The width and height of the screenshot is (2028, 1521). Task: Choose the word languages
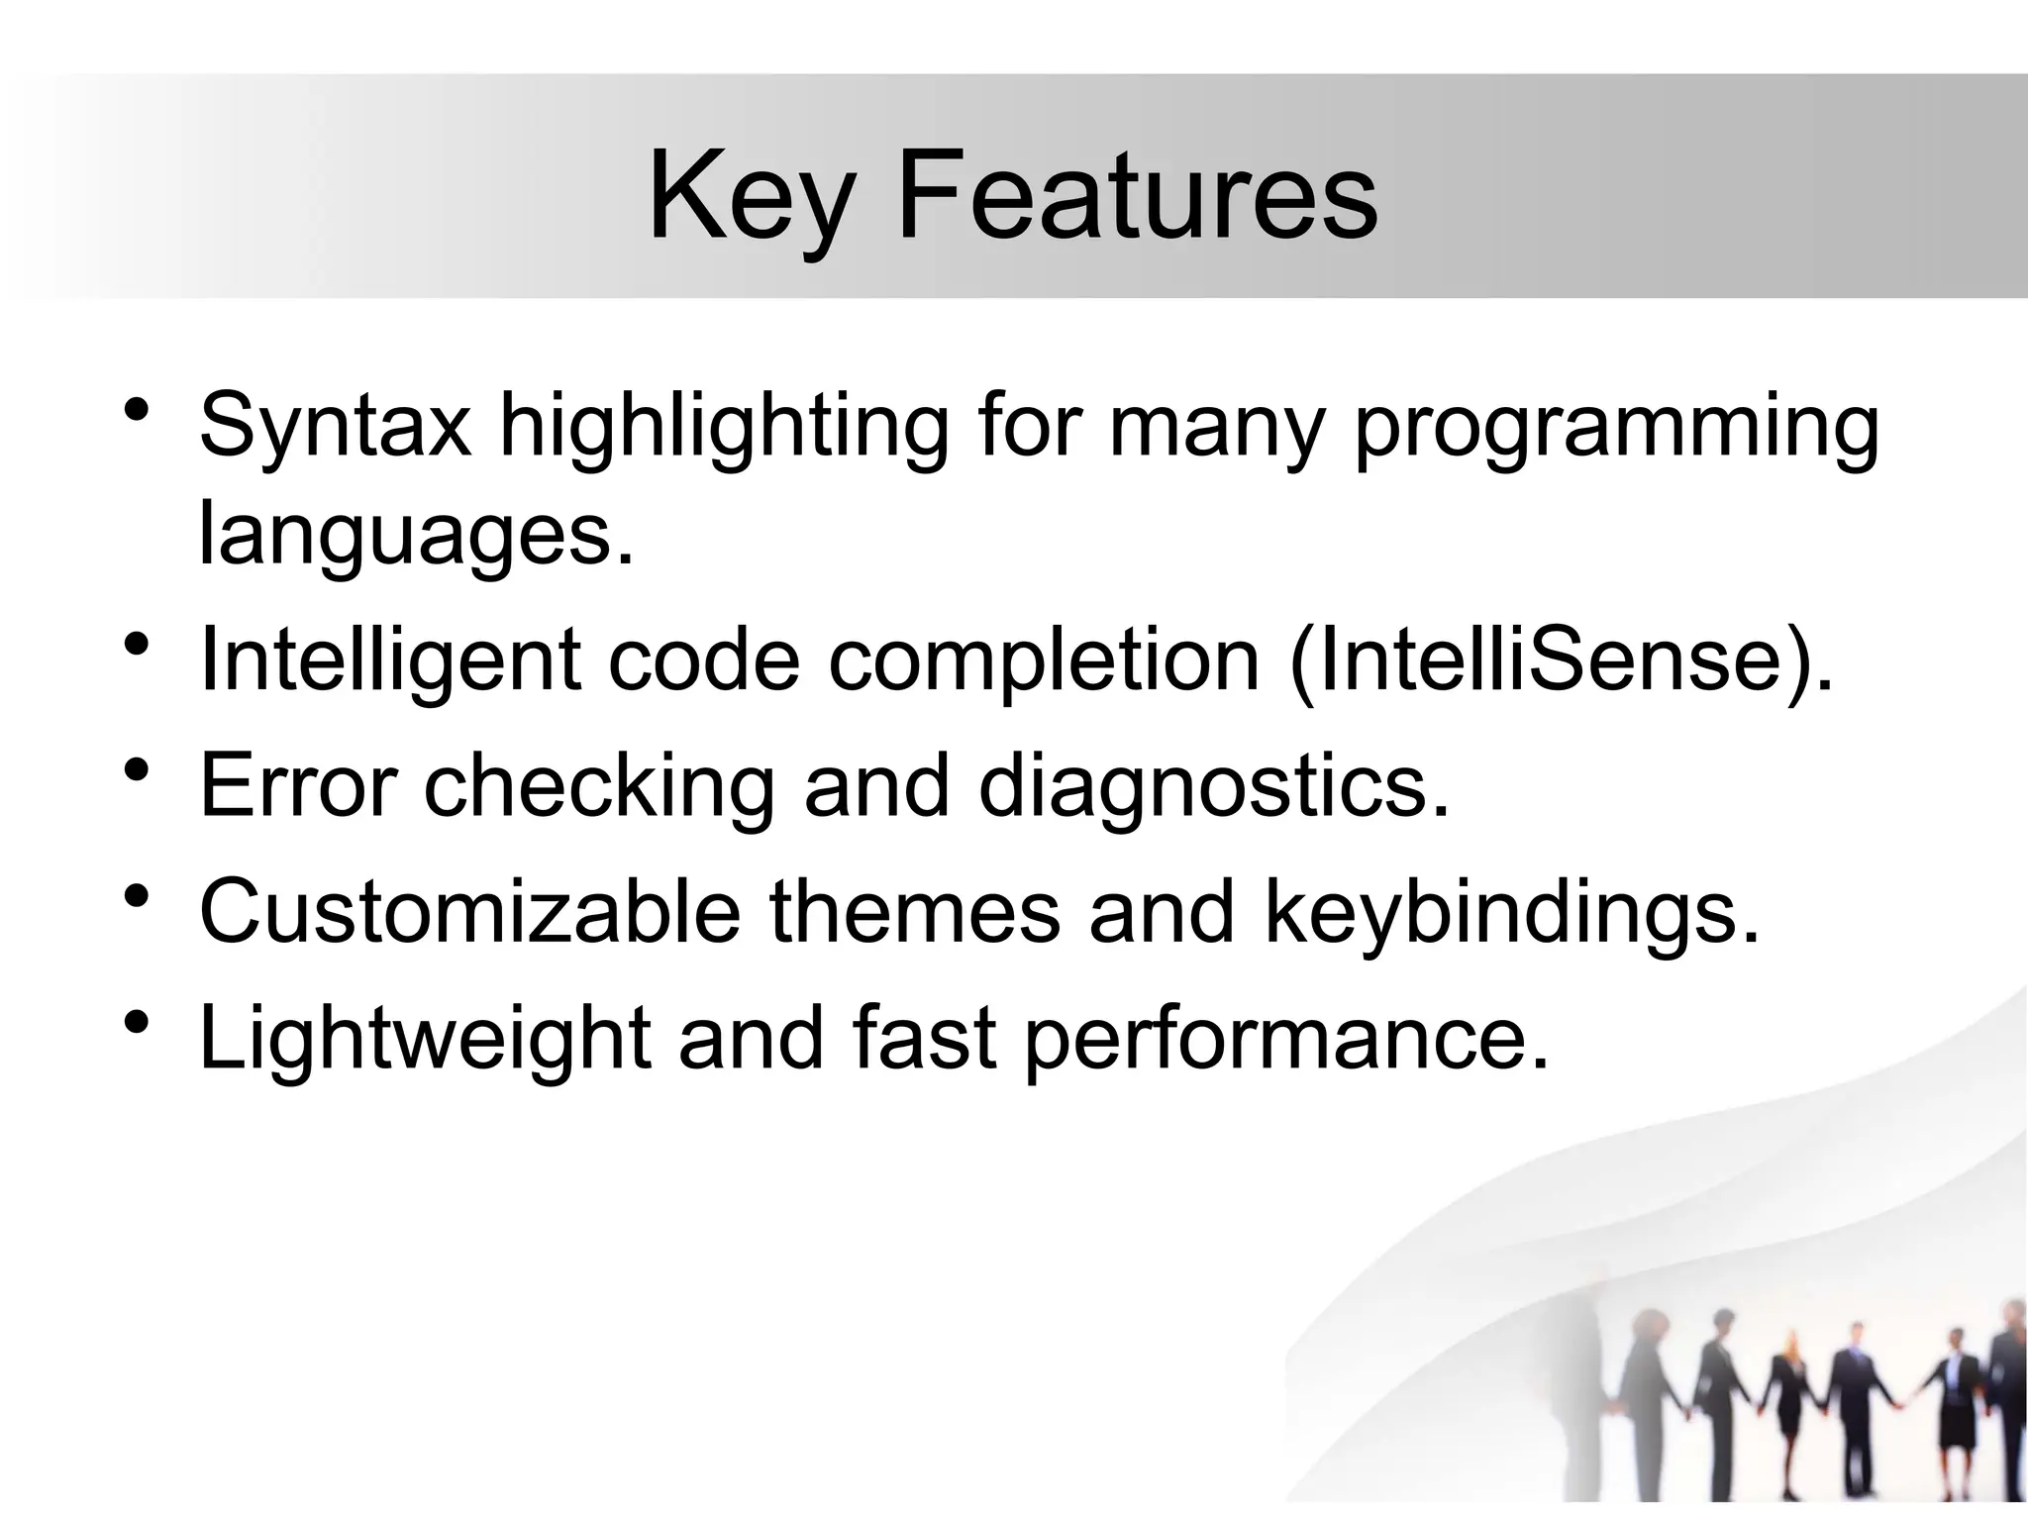tap(414, 535)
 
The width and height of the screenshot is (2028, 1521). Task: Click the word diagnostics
tap(1214, 788)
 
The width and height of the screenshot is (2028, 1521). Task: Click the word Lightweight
tap(425, 1039)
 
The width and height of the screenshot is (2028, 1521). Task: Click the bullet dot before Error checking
tap(138, 770)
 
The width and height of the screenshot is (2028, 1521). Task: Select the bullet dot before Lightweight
tap(138, 1022)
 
